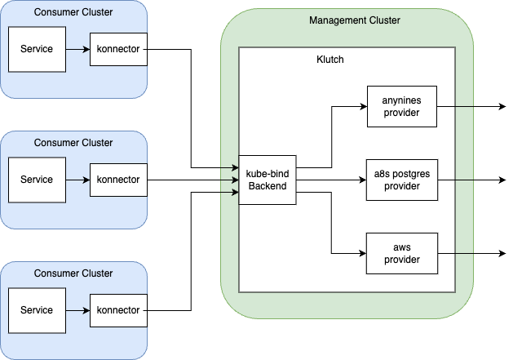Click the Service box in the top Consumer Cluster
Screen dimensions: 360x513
click(x=36, y=49)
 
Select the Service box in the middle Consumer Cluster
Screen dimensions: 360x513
click(x=36, y=180)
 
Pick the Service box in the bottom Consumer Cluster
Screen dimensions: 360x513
click(x=36, y=310)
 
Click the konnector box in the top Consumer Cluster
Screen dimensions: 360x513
click(x=118, y=49)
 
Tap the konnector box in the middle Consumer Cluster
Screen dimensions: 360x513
click(x=118, y=180)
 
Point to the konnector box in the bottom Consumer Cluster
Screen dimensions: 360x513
click(x=118, y=310)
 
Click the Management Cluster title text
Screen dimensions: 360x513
click(x=354, y=20)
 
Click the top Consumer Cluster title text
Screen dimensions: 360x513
click(x=73, y=12)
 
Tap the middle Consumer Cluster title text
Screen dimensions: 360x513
click(x=73, y=143)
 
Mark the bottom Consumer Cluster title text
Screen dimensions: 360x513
click(x=73, y=273)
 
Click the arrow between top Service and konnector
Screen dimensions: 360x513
click(x=77, y=49)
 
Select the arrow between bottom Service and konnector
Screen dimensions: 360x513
click(x=77, y=310)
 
